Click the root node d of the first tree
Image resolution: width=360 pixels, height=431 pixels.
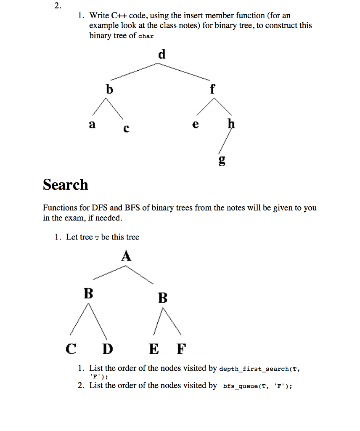click(x=162, y=54)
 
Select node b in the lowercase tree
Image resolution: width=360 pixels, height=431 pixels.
click(x=110, y=89)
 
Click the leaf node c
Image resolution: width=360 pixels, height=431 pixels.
click(x=126, y=129)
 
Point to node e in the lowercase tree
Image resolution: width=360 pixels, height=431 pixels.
click(x=195, y=125)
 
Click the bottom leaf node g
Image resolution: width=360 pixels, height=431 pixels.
click(x=222, y=160)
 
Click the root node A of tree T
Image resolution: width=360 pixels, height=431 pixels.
click(x=126, y=256)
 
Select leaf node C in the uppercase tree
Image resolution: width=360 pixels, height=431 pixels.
click(x=71, y=349)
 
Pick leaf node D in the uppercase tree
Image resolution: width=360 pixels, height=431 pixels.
click(x=108, y=349)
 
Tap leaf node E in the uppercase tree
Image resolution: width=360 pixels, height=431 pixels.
click(x=154, y=349)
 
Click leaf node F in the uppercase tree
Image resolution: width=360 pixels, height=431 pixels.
click(x=181, y=349)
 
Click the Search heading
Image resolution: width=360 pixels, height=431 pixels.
click(x=66, y=185)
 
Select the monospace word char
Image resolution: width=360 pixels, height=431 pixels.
click(x=146, y=36)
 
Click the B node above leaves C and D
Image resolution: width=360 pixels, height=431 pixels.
click(x=88, y=293)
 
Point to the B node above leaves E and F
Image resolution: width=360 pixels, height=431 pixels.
click(x=163, y=298)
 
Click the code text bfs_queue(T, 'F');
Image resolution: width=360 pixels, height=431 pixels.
click(x=257, y=386)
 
